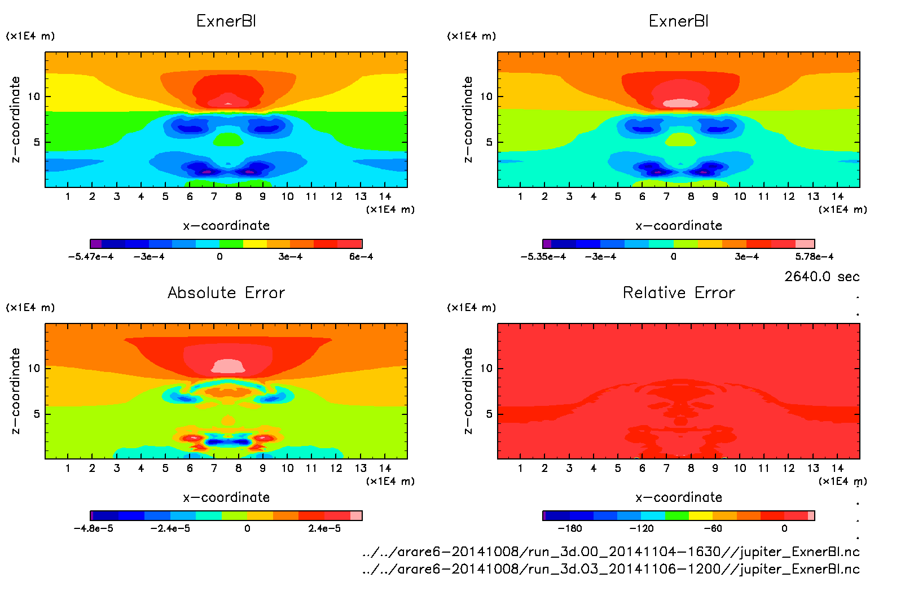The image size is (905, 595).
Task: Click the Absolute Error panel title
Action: [x=226, y=292]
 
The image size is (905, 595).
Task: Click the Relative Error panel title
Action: [x=679, y=292]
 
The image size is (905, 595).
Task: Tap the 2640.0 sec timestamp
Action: [x=821, y=277]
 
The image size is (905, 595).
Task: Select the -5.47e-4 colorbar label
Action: [x=90, y=256]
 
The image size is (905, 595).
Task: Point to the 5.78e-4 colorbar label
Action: [x=814, y=256]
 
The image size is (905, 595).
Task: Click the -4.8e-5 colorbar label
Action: [x=93, y=528]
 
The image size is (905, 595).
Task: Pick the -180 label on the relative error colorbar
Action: [x=569, y=528]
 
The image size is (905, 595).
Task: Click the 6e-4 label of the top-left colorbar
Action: [x=361, y=256]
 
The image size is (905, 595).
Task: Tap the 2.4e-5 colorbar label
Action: [x=324, y=528]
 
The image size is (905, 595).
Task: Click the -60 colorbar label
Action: [x=713, y=528]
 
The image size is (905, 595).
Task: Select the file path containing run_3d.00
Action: [x=611, y=552]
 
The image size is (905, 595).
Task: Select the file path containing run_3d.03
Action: [x=611, y=569]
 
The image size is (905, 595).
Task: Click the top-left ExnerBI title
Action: [x=226, y=21]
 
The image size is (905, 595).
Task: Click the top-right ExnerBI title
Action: [x=679, y=21]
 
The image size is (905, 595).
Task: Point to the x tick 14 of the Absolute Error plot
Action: [x=385, y=468]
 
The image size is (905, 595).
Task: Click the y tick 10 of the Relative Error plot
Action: [x=486, y=368]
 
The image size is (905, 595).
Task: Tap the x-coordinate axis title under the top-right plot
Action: [x=679, y=225]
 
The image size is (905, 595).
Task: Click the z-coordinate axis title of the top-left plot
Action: [x=16, y=120]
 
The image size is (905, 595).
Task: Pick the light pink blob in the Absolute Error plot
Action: [x=228, y=366]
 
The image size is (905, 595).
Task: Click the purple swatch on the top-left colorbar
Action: [x=96, y=244]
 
